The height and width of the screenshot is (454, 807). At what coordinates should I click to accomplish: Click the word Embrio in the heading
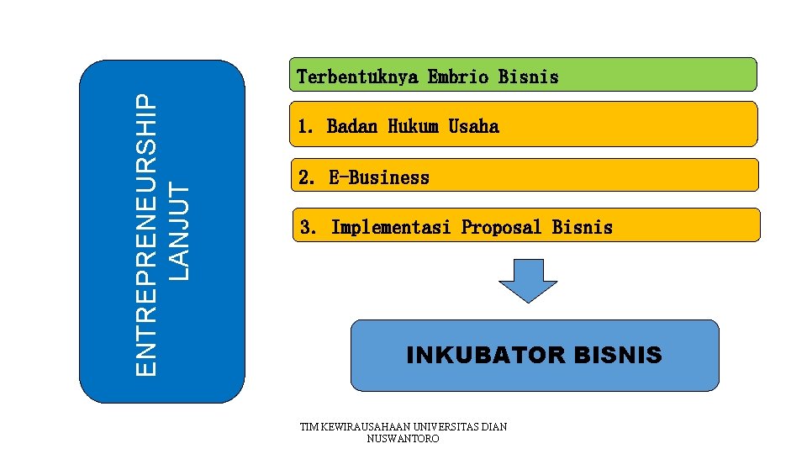pos(458,77)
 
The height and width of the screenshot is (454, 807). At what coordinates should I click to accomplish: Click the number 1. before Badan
pos(306,127)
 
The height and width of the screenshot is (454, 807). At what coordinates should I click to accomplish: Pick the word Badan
pos(352,127)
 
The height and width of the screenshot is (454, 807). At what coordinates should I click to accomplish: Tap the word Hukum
pos(413,127)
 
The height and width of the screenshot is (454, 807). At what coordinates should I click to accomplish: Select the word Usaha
pos(473,127)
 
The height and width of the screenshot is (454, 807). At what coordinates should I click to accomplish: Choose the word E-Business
pos(379,177)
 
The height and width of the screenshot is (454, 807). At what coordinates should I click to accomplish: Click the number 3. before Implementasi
pos(309,227)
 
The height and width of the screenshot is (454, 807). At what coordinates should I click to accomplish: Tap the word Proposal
pos(502,227)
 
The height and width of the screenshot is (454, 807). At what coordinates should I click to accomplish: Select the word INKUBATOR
pos(486,356)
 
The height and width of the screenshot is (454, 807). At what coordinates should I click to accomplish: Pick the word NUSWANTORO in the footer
pos(403,439)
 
